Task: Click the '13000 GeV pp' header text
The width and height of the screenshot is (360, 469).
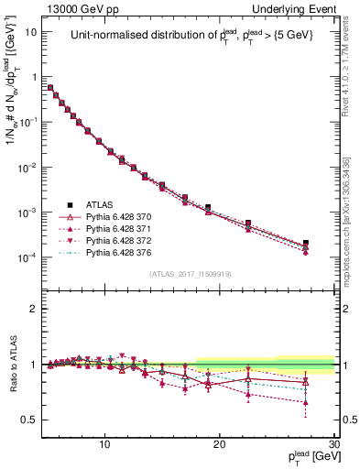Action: (x=75, y=8)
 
